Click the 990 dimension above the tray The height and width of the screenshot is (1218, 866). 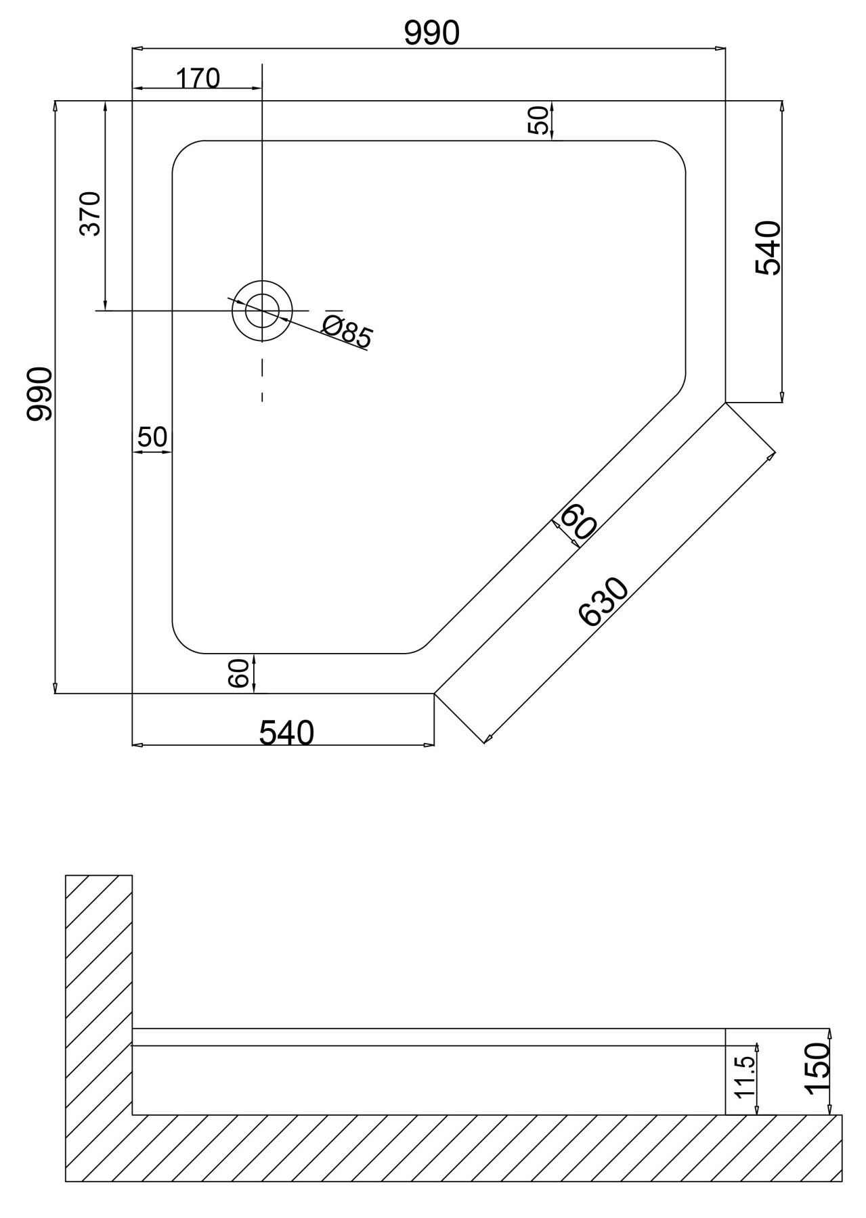431,33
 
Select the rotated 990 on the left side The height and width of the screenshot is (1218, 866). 39,394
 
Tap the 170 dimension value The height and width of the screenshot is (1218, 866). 198,79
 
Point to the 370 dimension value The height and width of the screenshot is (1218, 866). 90,214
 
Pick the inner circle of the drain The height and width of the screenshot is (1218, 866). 262,311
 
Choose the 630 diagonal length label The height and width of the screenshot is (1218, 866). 604,602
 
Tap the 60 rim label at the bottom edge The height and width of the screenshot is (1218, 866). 238,674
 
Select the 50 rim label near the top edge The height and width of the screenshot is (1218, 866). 539,120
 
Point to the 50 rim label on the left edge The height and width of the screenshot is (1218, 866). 152,437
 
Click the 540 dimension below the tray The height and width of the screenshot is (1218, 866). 287,732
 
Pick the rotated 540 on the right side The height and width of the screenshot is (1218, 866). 768,248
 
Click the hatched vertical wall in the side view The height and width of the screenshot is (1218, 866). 99,1001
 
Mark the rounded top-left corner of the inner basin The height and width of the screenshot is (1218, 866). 184,152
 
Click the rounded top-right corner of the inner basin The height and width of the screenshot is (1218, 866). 674,153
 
